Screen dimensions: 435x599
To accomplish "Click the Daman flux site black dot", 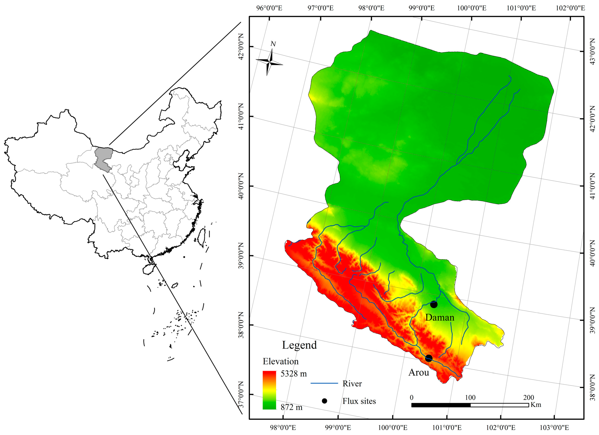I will point(434,304).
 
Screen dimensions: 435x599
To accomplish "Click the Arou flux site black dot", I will point(429,358).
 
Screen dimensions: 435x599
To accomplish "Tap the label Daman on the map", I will point(440,317).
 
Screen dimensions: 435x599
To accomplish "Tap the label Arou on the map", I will point(419,373).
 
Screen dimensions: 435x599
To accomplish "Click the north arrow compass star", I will point(269,62).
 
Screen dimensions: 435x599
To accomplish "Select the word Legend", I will point(299,345).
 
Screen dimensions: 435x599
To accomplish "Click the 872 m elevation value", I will point(291,407).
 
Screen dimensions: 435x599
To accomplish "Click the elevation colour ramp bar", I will point(269,390).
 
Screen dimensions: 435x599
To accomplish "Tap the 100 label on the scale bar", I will point(470,397).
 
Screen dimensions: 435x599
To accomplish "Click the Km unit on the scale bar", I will point(536,405).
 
